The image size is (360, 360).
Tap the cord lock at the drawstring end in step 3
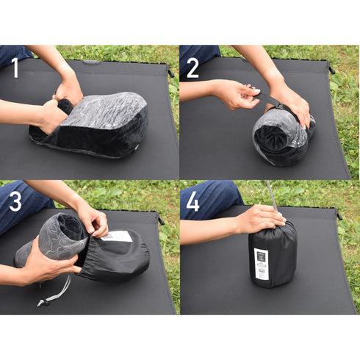[x=45, y=300]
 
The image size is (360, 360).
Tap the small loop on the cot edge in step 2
[x=331, y=70]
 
